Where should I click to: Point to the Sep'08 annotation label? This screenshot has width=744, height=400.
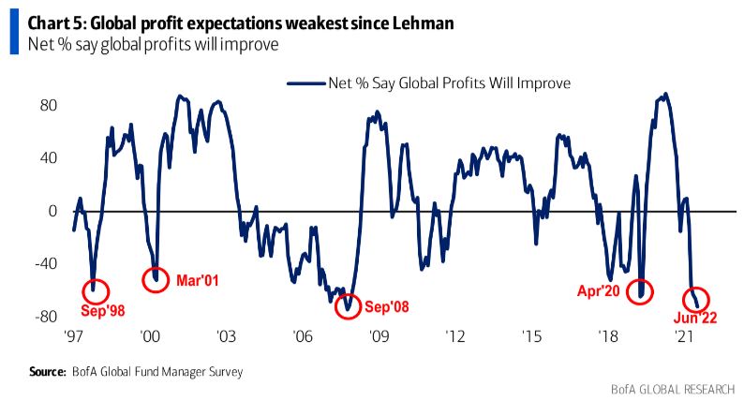[387, 305]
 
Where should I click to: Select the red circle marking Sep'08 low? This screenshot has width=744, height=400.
[348, 304]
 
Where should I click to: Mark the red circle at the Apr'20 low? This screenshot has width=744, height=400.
[642, 291]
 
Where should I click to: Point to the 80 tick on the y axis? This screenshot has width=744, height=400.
[50, 104]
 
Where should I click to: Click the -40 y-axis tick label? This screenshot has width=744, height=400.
[46, 264]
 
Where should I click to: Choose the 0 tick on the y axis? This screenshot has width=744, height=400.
[54, 211]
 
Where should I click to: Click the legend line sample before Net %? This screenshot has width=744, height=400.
[304, 82]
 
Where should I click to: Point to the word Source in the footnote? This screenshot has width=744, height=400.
[47, 372]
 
